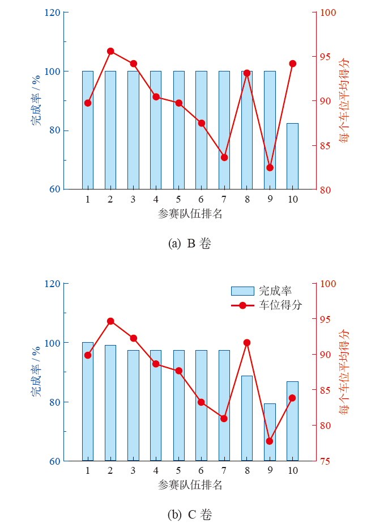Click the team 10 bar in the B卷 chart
tap(292, 156)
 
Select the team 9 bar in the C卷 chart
tap(270, 432)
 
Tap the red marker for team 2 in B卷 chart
tap(110, 51)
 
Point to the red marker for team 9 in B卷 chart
tap(270, 167)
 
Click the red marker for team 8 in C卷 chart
tap(247, 343)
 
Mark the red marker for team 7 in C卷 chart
tap(224, 419)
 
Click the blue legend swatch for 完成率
tap(242, 291)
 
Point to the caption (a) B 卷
tap(190, 243)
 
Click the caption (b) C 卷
tap(190, 515)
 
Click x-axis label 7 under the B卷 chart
tap(224, 199)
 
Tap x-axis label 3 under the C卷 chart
tap(133, 470)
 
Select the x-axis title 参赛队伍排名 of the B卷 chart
tap(190, 214)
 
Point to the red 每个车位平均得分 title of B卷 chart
tap(344, 100)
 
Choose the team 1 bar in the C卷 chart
tap(88, 401)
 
